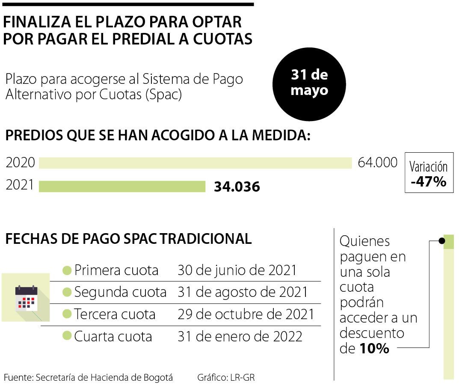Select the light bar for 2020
point(195,163)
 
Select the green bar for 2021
point(122,187)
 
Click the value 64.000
point(377,163)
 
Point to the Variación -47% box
point(429,173)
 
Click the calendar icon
point(27,298)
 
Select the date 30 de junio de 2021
point(237,270)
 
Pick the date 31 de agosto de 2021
point(243,292)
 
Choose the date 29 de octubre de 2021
point(246,314)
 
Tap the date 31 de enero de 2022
point(240,337)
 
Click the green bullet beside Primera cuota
point(67,270)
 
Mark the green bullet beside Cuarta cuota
point(67,336)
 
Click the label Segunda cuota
point(120,292)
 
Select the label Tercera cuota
point(115,314)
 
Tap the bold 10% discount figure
point(374,349)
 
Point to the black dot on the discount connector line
point(441,241)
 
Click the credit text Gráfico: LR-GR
point(226,378)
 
